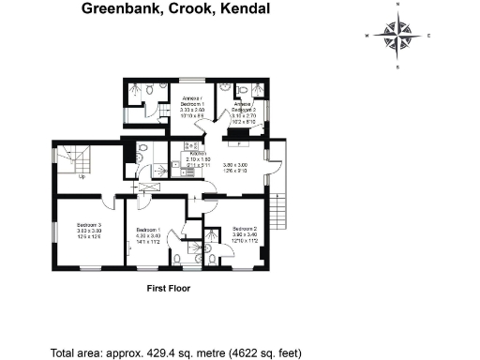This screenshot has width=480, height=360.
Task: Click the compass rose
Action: [397, 36]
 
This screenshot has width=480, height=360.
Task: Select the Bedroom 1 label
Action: [148, 230]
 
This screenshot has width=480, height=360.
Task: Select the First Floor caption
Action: [169, 289]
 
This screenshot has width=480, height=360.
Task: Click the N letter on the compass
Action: [397, 5]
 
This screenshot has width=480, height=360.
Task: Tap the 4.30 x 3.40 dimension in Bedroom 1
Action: [148, 236]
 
